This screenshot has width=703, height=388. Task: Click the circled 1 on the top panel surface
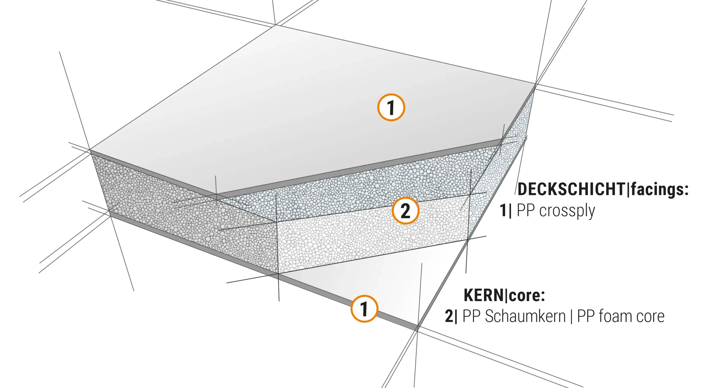coord(391,107)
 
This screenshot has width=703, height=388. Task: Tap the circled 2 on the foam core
coord(406,211)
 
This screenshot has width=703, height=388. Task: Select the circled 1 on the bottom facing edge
coord(364,309)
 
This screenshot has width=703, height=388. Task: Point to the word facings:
coord(660,190)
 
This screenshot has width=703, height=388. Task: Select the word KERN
coord(484,295)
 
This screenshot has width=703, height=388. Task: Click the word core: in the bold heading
coord(527,295)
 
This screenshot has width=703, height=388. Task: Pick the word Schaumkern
coord(525,316)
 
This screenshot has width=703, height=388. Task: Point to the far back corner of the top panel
coord(275,25)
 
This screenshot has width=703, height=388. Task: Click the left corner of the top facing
coord(90,150)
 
